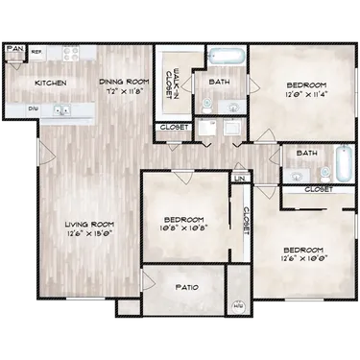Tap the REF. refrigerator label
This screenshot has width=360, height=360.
[x=36, y=50]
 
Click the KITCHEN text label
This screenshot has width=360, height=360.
[x=50, y=84]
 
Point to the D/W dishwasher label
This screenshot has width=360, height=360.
[x=34, y=109]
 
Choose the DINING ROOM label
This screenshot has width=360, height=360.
[x=122, y=83]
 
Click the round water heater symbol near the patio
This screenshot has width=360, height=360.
[x=237, y=308]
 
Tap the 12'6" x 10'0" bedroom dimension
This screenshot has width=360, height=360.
[x=300, y=257]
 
